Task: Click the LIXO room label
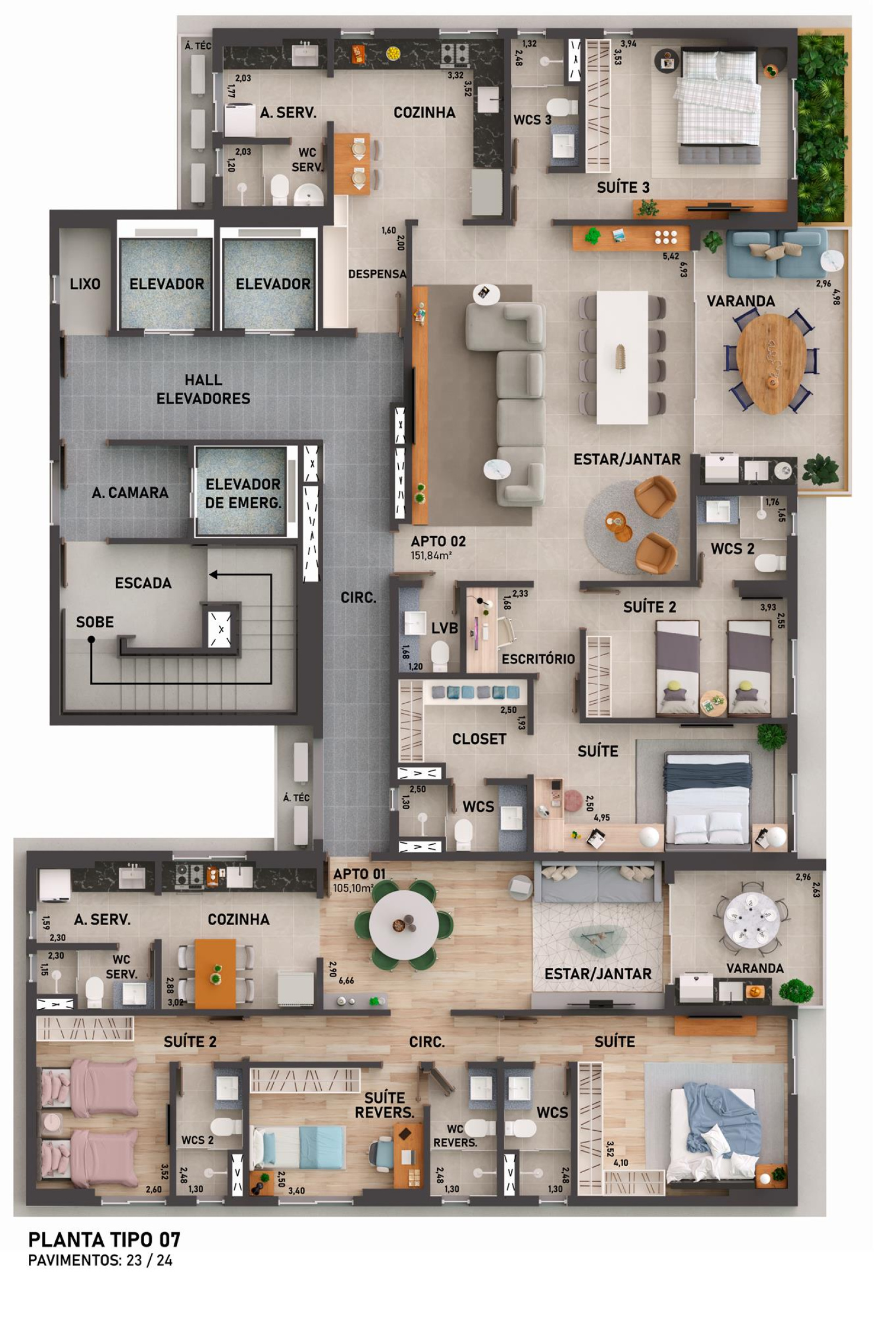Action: click(x=85, y=284)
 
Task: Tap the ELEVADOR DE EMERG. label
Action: click(x=243, y=493)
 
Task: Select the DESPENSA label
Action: click(x=377, y=274)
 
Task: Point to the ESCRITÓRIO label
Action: click(x=538, y=659)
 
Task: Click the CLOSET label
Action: click(x=479, y=739)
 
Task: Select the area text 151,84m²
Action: click(x=431, y=555)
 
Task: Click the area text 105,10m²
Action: click(x=352, y=889)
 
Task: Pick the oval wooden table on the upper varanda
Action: click(x=771, y=363)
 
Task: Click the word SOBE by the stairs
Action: click(x=95, y=622)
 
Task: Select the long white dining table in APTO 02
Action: click(x=622, y=357)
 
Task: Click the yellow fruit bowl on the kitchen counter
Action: click(x=394, y=53)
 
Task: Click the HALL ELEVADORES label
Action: click(x=203, y=389)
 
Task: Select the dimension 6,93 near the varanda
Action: click(x=683, y=269)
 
